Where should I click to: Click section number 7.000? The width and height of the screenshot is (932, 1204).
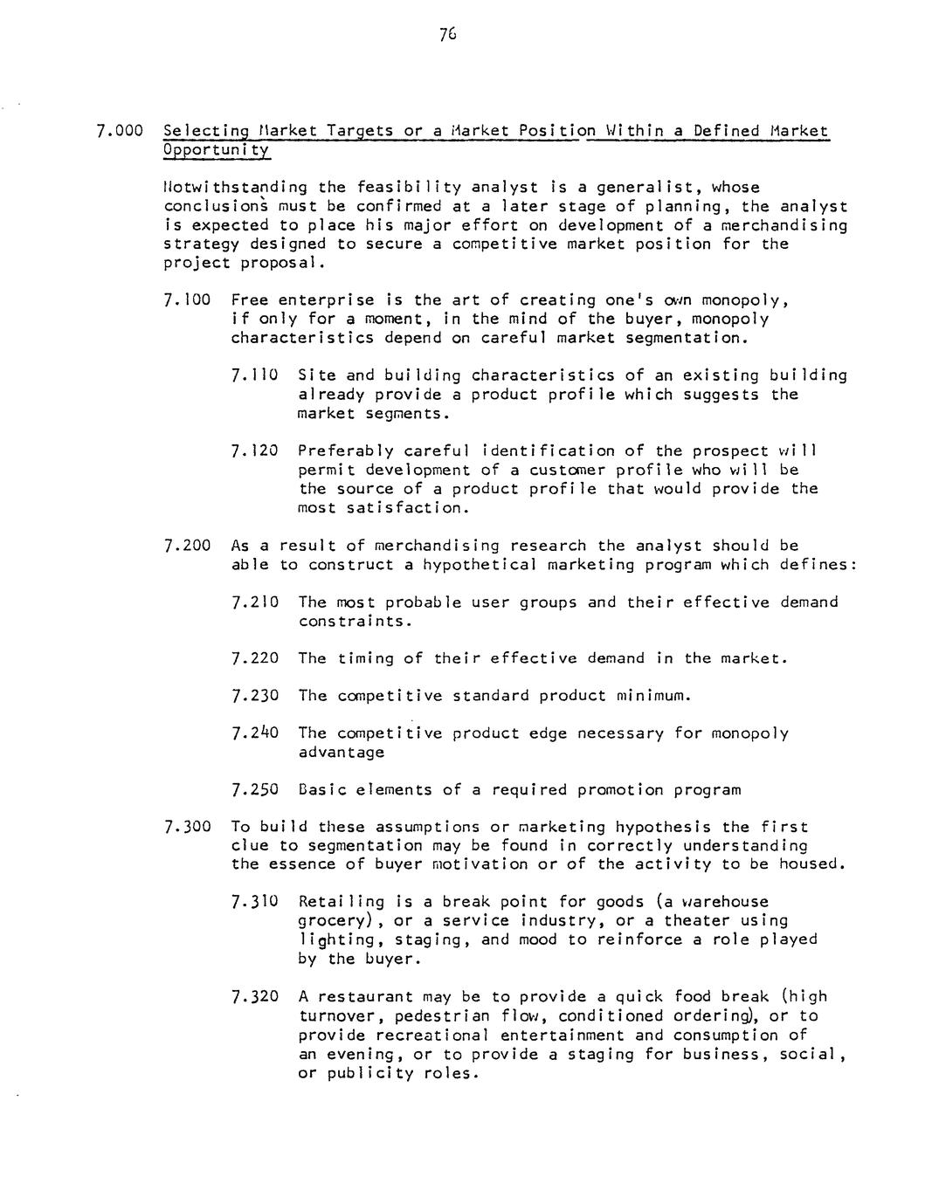[120, 131]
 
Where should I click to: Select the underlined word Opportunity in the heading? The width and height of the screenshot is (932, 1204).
[217, 150]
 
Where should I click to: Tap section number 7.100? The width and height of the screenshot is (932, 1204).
[188, 300]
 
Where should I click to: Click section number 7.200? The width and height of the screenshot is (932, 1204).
[188, 546]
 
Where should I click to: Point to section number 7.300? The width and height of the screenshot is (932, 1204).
[188, 827]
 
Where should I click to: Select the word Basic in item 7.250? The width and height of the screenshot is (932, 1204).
[322, 790]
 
